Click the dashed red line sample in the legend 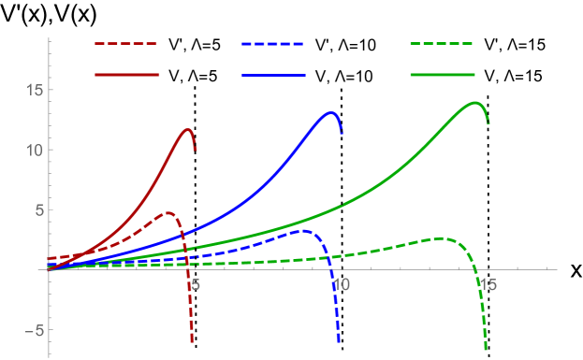point(126,44)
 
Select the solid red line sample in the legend point(126,74)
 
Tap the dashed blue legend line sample point(272,44)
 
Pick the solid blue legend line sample point(272,74)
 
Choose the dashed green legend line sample point(442,44)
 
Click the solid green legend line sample point(442,74)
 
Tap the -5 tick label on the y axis point(31,329)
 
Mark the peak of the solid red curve point(188,130)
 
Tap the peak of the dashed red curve point(168,213)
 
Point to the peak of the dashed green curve point(443,238)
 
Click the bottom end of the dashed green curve point(486,350)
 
